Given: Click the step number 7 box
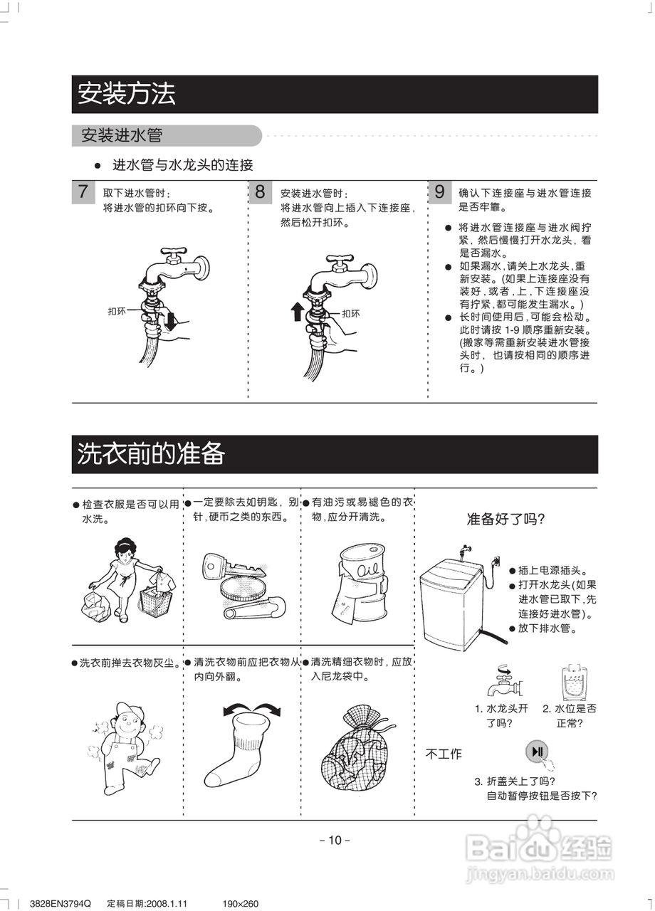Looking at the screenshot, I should tap(83, 191).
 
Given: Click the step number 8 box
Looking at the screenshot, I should tap(261, 191).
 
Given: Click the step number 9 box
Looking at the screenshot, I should tap(440, 191).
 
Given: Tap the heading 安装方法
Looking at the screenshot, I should tap(127, 94).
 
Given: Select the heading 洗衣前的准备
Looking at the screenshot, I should tap(151, 453).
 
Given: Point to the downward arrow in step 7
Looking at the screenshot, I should tap(169, 322).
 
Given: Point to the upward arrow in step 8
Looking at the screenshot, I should tap(297, 312).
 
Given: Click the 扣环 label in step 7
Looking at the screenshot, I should tap(117, 312).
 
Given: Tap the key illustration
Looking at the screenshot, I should tap(233, 567).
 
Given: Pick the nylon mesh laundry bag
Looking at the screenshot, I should tap(357, 747).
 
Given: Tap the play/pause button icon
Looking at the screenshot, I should tap(537, 752).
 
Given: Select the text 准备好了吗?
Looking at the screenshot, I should tap(505, 519).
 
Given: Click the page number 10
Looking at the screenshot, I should tap(335, 840).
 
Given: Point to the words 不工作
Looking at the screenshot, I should tap(444, 754).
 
